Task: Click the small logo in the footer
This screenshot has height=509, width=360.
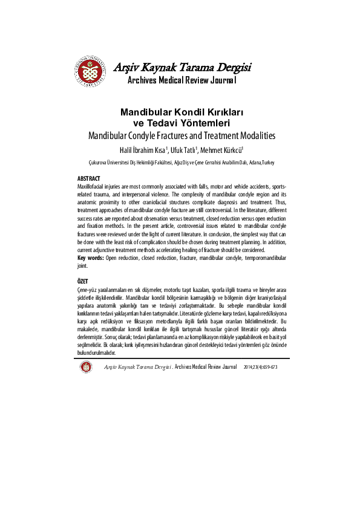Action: [87, 367]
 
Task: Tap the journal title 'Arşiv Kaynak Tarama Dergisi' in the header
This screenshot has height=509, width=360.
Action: [183, 66]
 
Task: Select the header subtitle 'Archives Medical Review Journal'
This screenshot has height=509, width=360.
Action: [182, 80]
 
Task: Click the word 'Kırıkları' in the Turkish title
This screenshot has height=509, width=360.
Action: [218, 113]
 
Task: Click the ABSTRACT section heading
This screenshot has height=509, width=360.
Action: [89, 180]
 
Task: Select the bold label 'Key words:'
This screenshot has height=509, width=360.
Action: [91, 258]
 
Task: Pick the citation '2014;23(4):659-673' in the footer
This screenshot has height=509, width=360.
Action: [260, 367]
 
